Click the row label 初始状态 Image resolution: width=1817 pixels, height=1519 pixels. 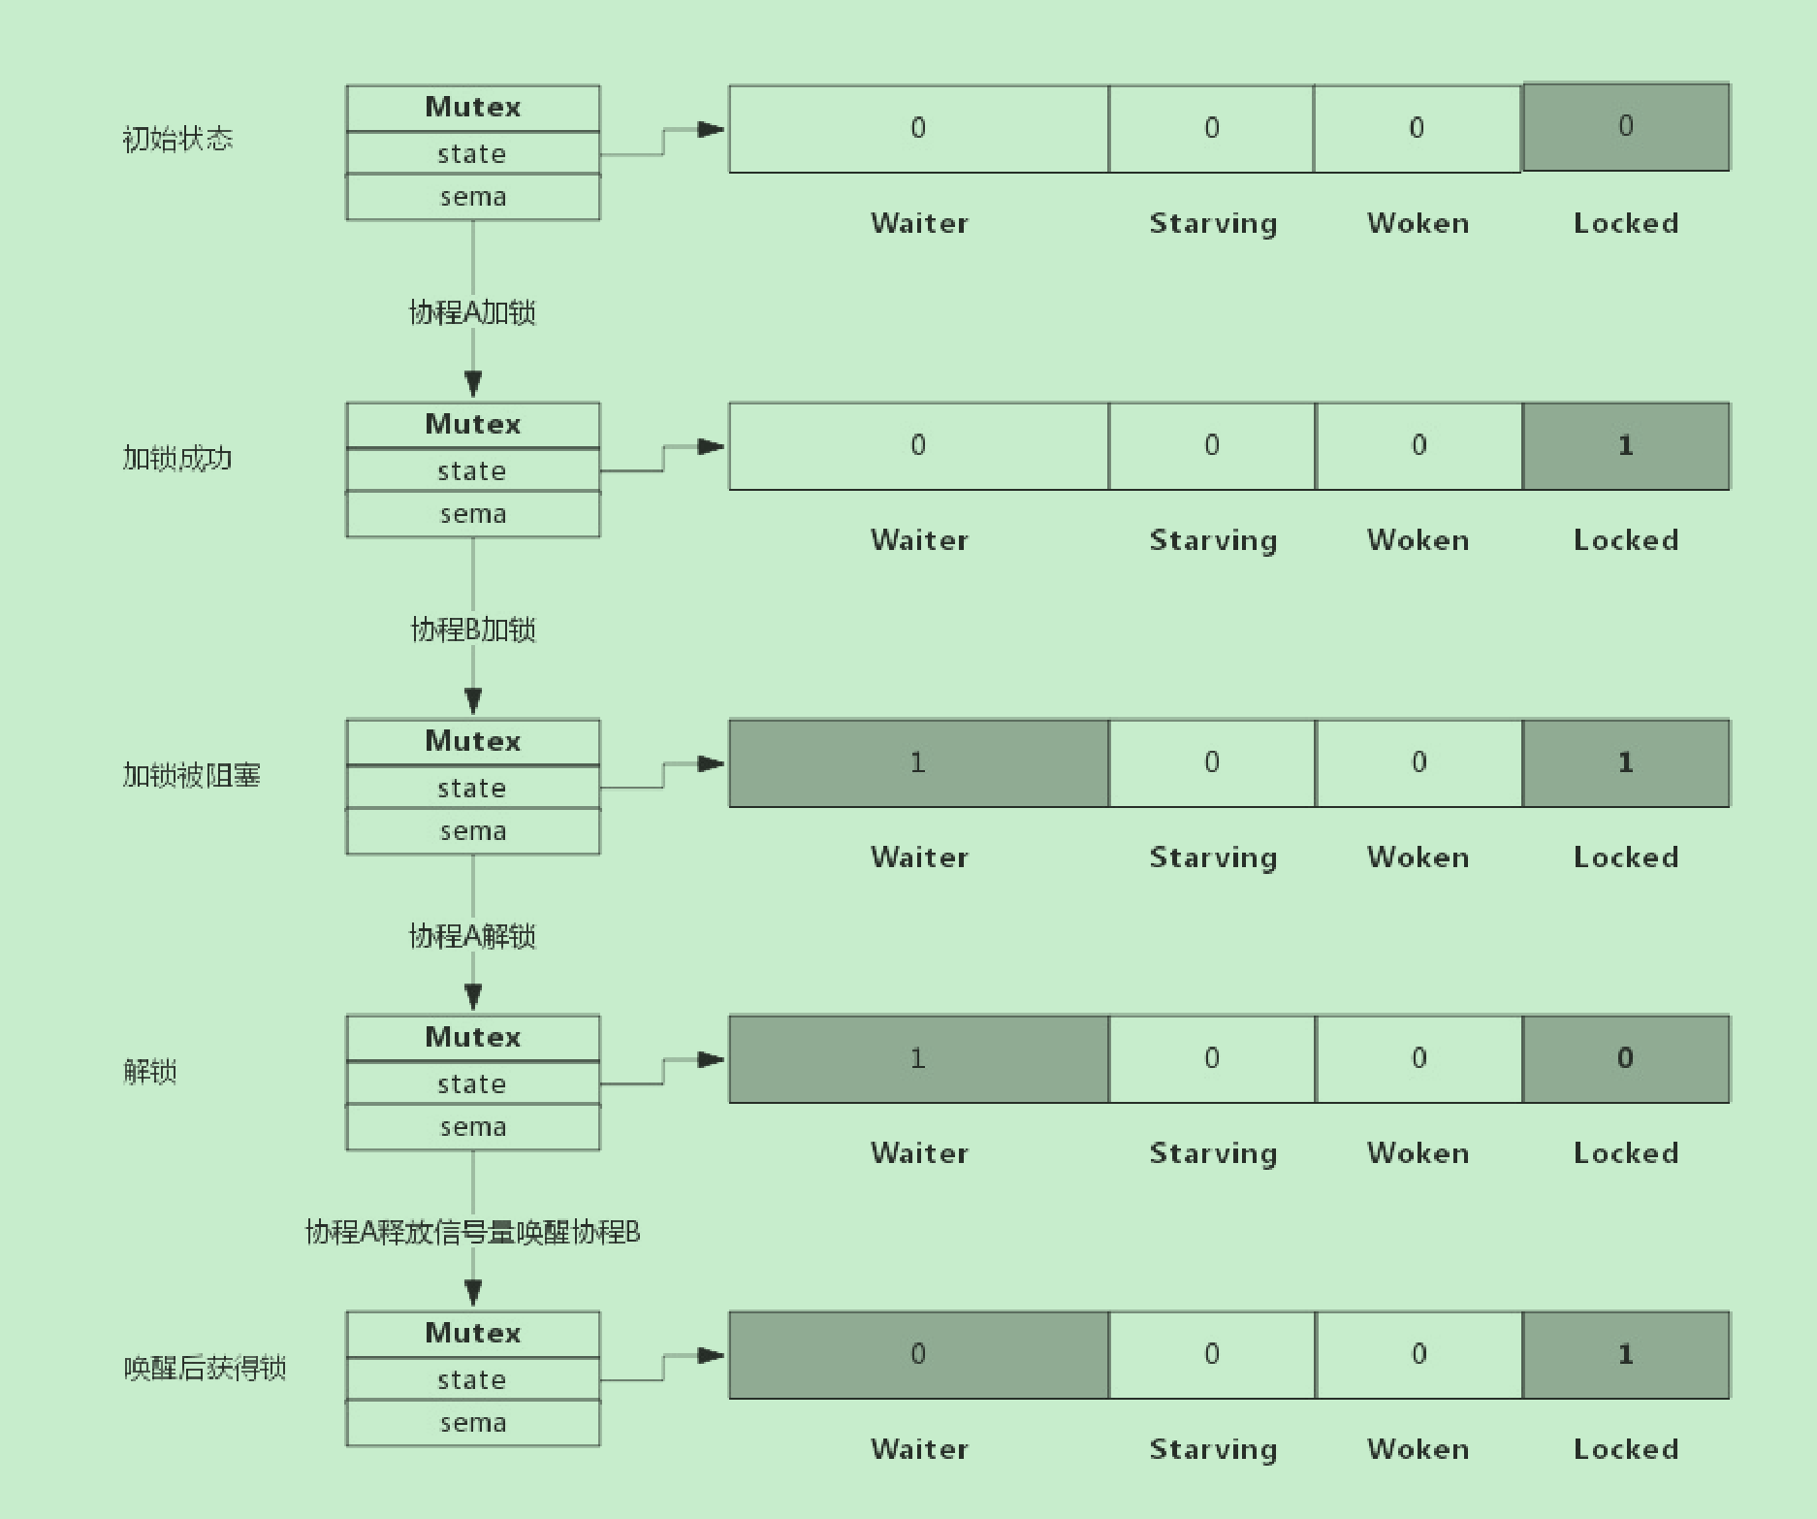[x=177, y=140]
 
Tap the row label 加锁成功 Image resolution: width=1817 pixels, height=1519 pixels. [x=177, y=458]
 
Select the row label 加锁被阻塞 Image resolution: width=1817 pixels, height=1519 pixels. [x=191, y=775]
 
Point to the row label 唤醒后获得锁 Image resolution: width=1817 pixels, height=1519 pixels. [x=205, y=1368]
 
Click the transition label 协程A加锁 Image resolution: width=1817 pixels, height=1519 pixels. [x=472, y=312]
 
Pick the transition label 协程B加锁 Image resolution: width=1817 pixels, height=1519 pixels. [x=473, y=630]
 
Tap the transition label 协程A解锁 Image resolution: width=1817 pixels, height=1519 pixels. [x=472, y=936]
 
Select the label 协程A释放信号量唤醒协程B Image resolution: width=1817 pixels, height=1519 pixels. [x=472, y=1232]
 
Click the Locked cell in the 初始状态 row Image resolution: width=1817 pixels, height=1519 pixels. [x=1626, y=127]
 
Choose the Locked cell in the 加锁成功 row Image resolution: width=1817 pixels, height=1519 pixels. [x=1626, y=446]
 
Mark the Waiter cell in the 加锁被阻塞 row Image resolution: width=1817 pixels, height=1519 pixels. [x=918, y=763]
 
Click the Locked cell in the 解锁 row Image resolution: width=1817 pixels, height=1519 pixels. [x=1626, y=1059]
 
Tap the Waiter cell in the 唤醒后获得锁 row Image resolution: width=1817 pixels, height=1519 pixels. [x=918, y=1355]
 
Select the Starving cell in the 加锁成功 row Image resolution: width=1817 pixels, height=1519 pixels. [x=1212, y=446]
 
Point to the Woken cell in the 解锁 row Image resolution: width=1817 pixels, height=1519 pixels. [x=1419, y=1059]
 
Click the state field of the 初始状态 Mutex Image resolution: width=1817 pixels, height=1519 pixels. [x=472, y=153]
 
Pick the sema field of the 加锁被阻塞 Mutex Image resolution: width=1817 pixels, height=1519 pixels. [x=472, y=831]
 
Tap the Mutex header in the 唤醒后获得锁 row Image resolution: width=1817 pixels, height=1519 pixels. [x=472, y=1334]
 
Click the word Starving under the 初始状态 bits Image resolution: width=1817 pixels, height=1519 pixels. [x=1213, y=224]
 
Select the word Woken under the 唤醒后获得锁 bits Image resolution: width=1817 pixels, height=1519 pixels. [x=1418, y=1449]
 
